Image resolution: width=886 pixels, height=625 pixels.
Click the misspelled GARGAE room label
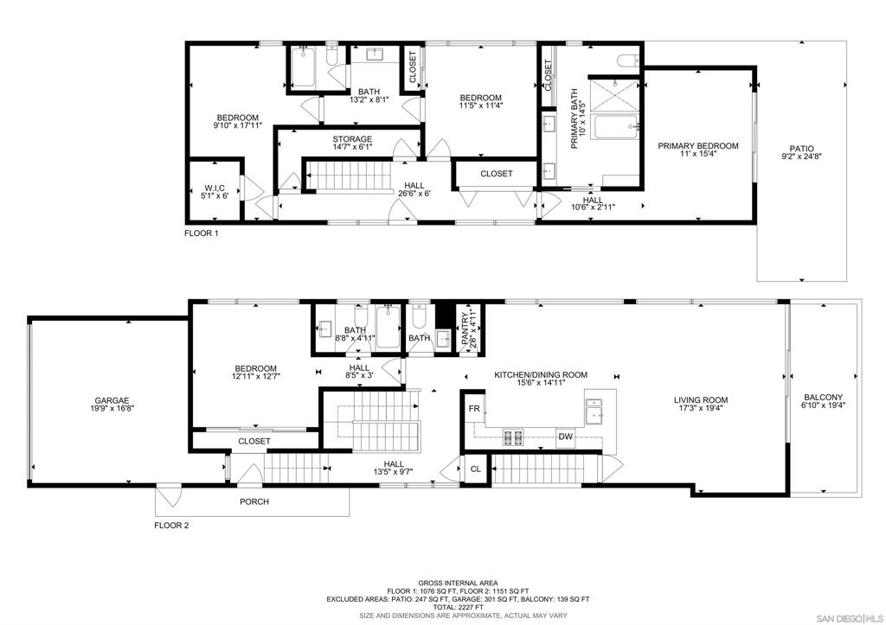[x=112, y=400]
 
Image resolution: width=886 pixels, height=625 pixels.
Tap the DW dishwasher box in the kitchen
[x=566, y=437]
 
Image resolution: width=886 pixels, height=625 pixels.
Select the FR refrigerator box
[x=474, y=409]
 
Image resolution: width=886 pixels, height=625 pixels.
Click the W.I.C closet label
[x=215, y=188]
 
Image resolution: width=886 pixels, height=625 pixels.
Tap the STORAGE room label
[x=352, y=139]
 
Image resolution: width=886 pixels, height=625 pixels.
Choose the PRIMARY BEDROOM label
[x=698, y=146]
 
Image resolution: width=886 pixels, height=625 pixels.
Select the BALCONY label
[x=824, y=397]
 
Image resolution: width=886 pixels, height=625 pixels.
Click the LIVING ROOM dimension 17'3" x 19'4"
[x=701, y=408]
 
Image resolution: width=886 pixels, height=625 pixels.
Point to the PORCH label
[x=254, y=501]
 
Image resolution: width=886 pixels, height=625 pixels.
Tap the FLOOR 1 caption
[x=201, y=233]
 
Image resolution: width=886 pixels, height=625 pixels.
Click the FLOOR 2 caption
[x=171, y=525]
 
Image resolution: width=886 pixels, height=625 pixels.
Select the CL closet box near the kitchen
[x=476, y=469]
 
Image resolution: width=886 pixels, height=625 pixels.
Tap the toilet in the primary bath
[x=628, y=60]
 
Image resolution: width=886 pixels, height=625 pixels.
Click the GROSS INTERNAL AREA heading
[x=458, y=583]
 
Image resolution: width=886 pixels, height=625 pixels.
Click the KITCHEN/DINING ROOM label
[x=541, y=375]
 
